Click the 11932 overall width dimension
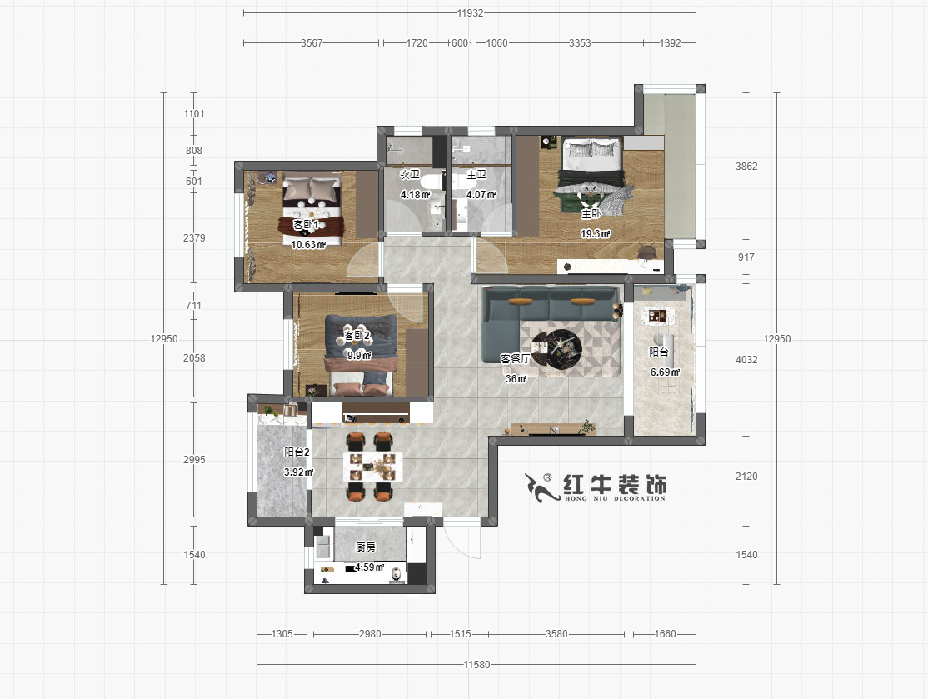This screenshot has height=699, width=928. click(470, 13)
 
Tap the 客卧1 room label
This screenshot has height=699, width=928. click(306, 225)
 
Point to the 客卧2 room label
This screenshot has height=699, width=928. click(357, 335)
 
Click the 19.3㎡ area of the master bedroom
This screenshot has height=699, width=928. click(595, 235)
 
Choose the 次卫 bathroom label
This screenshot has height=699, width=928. click(409, 175)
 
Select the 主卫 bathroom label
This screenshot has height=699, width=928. click(476, 175)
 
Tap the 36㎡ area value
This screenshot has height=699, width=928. click(516, 379)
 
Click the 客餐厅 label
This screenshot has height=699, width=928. click(516, 358)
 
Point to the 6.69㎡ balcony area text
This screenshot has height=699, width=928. click(665, 372)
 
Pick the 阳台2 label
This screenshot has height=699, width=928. click(297, 452)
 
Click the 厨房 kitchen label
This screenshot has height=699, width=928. click(366, 547)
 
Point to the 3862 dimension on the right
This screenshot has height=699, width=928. click(746, 167)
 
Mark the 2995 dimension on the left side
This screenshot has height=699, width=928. click(193, 460)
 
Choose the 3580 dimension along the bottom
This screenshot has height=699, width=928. click(556, 634)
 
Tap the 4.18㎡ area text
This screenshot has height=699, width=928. click(414, 195)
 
